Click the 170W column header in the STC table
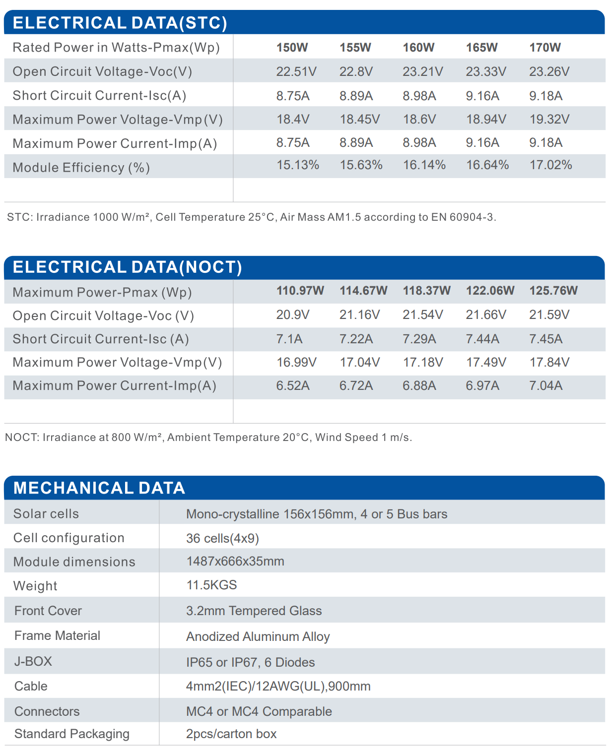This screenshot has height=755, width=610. coord(545,47)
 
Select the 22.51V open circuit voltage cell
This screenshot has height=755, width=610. coord(296,71)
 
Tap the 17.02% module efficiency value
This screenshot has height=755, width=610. coord(550,165)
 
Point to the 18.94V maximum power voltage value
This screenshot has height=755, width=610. coord(486,119)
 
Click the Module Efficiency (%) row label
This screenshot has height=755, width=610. coord(81,167)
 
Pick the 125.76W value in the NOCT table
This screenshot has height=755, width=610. coord(553,291)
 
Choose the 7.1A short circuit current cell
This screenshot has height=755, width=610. coord(289,339)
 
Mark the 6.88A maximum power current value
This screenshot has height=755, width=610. coord(419,385)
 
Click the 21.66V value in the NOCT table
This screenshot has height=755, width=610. coord(486,315)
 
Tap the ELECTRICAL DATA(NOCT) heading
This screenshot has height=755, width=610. coord(128,267)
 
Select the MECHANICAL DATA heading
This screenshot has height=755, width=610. coord(99,488)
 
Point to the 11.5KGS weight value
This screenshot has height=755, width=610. coord(211,585)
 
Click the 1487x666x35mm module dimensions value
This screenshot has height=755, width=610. coord(235,561)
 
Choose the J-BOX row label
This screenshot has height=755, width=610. coord(33,661)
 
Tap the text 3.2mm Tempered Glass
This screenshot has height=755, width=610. coord(254,611)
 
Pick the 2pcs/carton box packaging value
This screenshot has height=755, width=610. coord(231,734)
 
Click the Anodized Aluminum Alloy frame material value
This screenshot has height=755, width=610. coord(258,636)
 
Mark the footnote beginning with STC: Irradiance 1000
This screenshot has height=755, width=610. coord(252,217)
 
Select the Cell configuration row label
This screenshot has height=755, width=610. coord(69,538)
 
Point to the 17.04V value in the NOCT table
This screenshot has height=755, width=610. coord(360,362)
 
